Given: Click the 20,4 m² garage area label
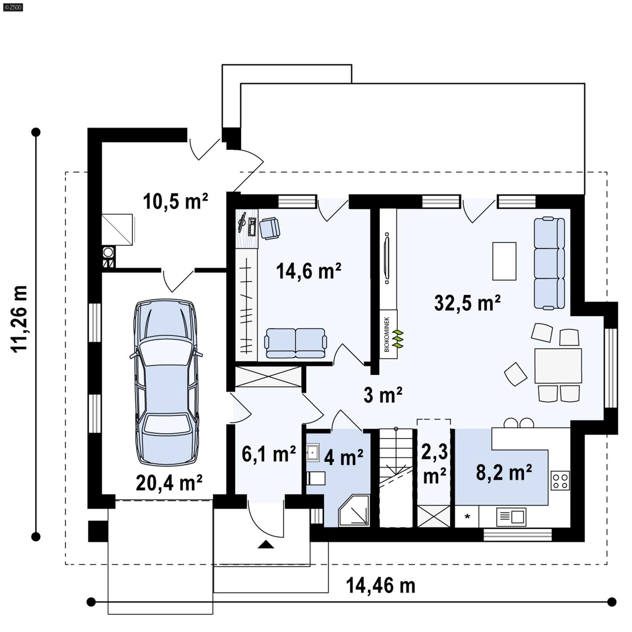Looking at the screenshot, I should pyautogui.click(x=169, y=483).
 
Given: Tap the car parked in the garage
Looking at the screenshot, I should pyautogui.click(x=166, y=382).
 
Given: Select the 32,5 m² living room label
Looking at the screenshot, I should pyautogui.click(x=467, y=303).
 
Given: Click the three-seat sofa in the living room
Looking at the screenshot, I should pyautogui.click(x=549, y=263).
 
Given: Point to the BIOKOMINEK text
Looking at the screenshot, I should pyautogui.click(x=387, y=334).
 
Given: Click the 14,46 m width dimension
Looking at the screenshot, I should pyautogui.click(x=380, y=586).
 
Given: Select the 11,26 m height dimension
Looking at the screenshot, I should pyautogui.click(x=20, y=318).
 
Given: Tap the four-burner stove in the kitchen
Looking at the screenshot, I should pyautogui.click(x=560, y=480).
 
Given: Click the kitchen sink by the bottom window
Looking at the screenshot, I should pyautogui.click(x=512, y=517).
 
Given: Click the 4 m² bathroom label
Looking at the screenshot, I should pyautogui.click(x=343, y=457).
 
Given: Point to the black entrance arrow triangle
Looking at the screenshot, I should pyautogui.click(x=266, y=545).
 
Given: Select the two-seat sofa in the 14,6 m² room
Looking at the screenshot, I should pyautogui.click(x=295, y=343).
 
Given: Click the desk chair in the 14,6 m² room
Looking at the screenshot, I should pyautogui.click(x=270, y=228).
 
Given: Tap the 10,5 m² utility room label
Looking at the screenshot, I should pyautogui.click(x=175, y=201).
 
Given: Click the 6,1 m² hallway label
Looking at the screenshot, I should pyautogui.click(x=269, y=454).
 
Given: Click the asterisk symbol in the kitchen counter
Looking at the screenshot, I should pyautogui.click(x=467, y=517).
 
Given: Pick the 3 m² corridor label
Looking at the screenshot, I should pyautogui.click(x=382, y=395).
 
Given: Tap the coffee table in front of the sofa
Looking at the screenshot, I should pyautogui.click(x=504, y=261).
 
